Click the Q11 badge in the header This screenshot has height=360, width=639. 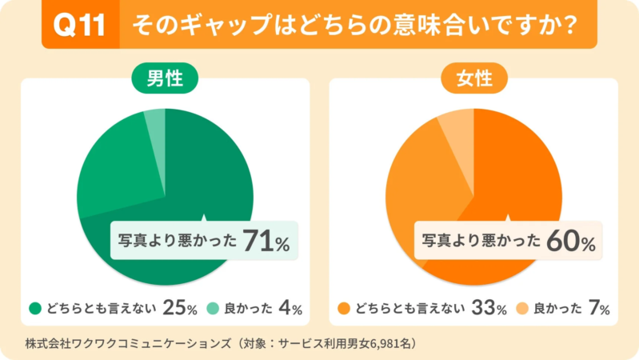[x=78, y=24]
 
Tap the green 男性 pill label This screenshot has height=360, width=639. [x=165, y=80]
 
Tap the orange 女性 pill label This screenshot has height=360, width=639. [x=473, y=80]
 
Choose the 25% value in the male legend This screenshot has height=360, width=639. [x=180, y=308]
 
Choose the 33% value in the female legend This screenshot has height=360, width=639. [x=489, y=308]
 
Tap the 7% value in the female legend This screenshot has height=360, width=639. [x=599, y=308]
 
